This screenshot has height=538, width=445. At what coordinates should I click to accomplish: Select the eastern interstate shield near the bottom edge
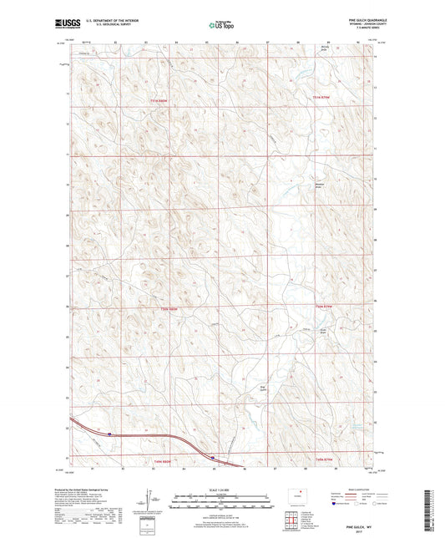(x=213, y=457)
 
